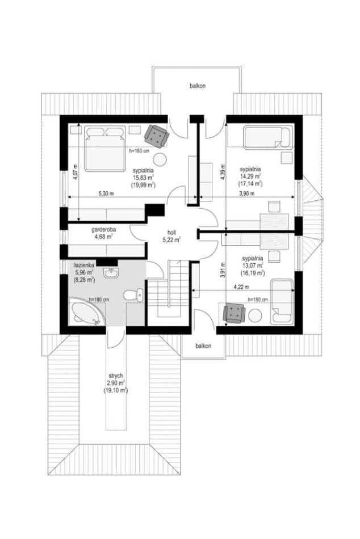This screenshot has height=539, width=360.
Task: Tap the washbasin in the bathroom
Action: coord(111,272)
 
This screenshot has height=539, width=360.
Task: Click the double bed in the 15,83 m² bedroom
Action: coord(104,148)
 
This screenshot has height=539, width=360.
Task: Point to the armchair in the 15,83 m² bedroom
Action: coord(157,136)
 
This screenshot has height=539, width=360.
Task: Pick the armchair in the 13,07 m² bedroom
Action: coord(234,314)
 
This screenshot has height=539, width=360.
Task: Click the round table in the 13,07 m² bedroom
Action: coord(256,316)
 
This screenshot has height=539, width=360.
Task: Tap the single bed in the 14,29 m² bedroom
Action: coord(268,137)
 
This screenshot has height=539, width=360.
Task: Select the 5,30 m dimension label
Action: coord(106,193)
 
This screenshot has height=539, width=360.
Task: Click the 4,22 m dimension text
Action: coord(241,287)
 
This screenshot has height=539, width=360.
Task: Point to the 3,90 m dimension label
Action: coord(246,193)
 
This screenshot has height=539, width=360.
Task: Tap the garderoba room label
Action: coord(103,229)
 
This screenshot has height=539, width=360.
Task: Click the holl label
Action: coord(171,232)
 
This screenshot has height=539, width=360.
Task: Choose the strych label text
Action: coord(115,376)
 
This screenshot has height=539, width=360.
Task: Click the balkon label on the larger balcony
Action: coord(198,86)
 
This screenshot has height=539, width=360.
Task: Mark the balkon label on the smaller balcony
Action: coord(203,346)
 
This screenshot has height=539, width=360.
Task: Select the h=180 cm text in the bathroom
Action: coord(99,300)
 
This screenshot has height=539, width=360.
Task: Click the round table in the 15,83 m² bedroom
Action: coord(160,159)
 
